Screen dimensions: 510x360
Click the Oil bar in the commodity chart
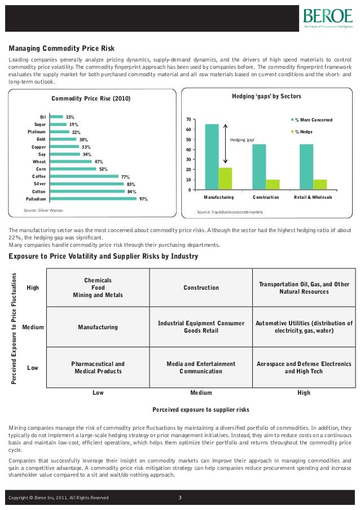click(56, 117)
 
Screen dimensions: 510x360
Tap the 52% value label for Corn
click(103, 169)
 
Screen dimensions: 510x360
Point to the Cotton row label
click(39, 191)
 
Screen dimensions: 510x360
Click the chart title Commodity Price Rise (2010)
click(91, 99)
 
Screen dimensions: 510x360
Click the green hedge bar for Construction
click(273, 184)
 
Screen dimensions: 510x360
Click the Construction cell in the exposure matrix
click(201, 288)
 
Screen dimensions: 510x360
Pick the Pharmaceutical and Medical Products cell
click(98, 368)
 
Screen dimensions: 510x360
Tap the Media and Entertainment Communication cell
click(201, 368)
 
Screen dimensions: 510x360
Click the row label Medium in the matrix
click(33, 327)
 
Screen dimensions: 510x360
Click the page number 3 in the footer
click(179, 497)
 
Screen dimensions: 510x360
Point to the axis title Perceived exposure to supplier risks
click(201, 409)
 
